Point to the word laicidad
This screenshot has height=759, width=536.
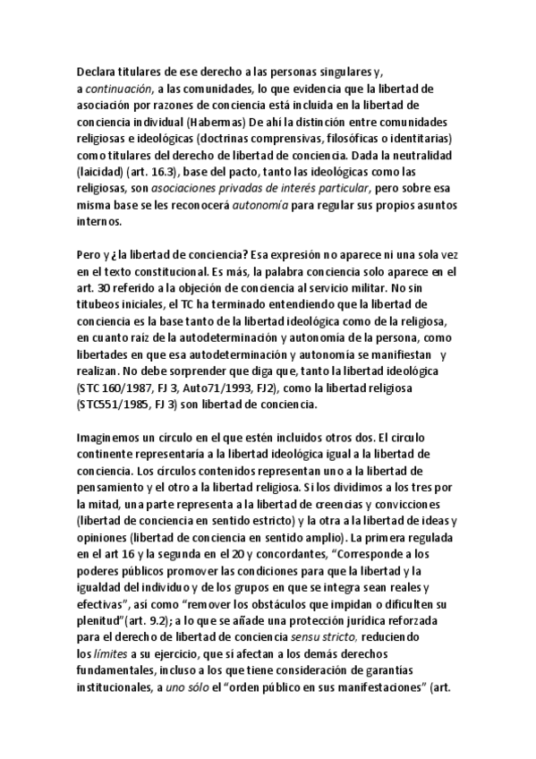103,171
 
